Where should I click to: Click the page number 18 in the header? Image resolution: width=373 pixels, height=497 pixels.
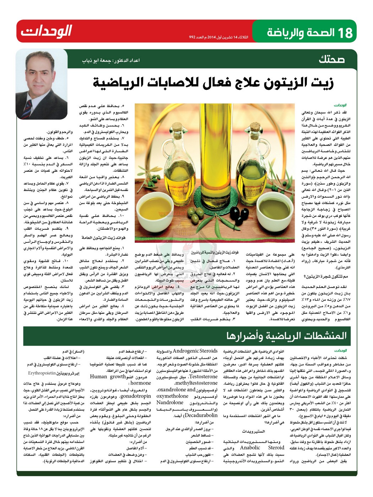pyautogui.click(x=345, y=33)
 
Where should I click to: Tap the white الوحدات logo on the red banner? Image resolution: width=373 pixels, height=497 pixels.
pyautogui.click(x=46, y=31)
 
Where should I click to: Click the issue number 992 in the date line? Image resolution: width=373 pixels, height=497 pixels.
pyautogui.click(x=193, y=37)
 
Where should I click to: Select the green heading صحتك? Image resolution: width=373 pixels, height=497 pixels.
pyautogui.click(x=331, y=59)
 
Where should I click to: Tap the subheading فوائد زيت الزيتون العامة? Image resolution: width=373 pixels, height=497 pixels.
pyautogui.click(x=103, y=238)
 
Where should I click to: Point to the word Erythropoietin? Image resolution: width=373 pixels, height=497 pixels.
pyautogui.click(x=42, y=373)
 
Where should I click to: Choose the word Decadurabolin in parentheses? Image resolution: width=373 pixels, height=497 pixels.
pyautogui.click(x=201, y=415)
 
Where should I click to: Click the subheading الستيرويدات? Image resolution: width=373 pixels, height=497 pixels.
pyautogui.click(x=253, y=431)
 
